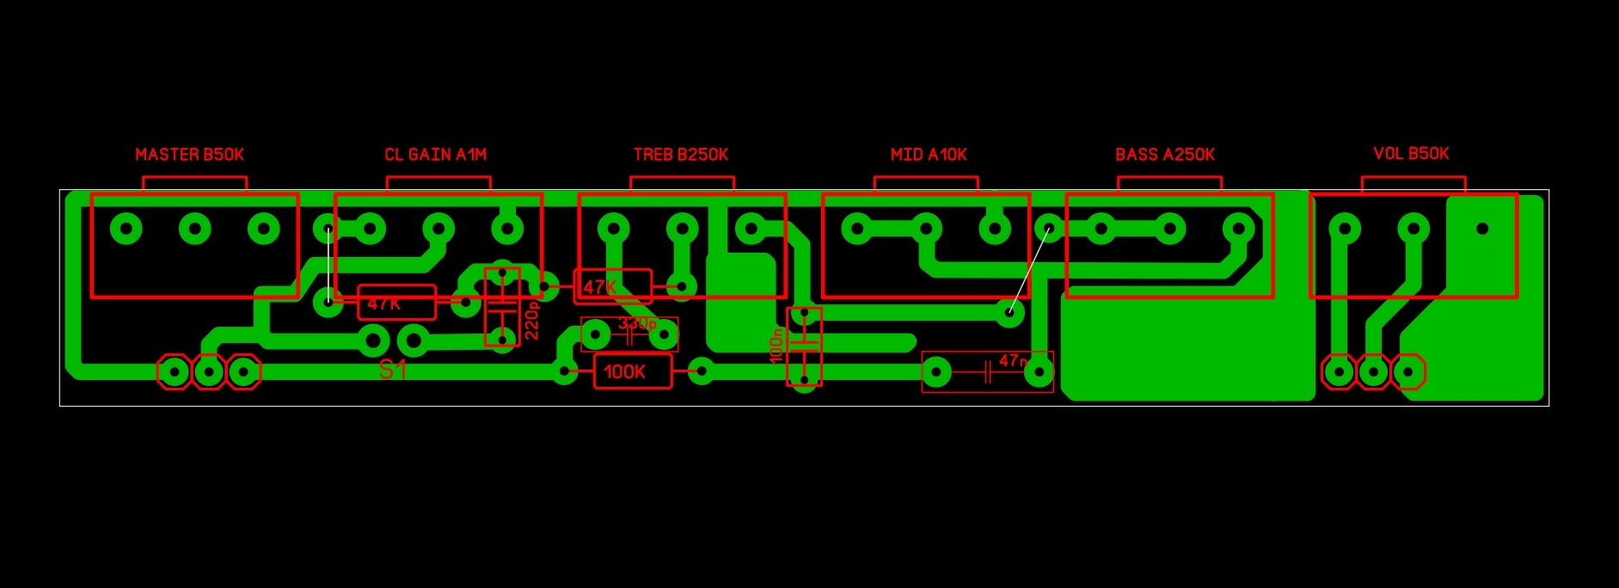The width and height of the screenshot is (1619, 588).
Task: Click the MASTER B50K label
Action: pyautogui.click(x=189, y=155)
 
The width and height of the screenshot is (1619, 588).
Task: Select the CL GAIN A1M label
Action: pyautogui.click(x=435, y=155)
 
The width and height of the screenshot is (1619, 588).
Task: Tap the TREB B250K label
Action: pyautogui.click(x=680, y=155)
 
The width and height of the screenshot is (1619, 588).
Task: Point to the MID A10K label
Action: pyautogui.click(x=928, y=155)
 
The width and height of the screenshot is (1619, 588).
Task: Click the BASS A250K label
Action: pyautogui.click(x=1164, y=155)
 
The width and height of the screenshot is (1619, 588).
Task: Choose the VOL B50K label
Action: pyautogui.click(x=1410, y=154)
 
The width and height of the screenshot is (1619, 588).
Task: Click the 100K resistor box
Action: pyautogui.click(x=633, y=371)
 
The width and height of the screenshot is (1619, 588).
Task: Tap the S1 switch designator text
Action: pyautogui.click(x=392, y=370)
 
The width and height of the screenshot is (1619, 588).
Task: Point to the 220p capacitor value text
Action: pyautogui.click(x=532, y=320)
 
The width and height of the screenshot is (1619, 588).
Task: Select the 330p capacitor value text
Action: pyautogui.click(x=637, y=324)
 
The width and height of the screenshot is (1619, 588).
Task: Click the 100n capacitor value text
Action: pyautogui.click(x=776, y=346)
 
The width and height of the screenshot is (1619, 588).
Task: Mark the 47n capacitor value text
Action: pyautogui.click(x=1013, y=361)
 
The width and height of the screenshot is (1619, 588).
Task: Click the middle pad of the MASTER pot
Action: pyautogui.click(x=195, y=230)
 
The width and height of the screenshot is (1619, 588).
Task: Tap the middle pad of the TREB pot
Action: pyautogui.click(x=682, y=230)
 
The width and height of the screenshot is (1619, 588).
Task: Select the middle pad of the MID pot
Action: pyautogui.click(x=926, y=230)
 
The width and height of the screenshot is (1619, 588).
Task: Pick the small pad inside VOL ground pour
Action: pyautogui.click(x=1481, y=230)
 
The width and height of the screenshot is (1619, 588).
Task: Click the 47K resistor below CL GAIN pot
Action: pyautogui.click(x=396, y=303)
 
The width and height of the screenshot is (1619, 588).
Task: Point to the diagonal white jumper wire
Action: pyautogui.click(x=1029, y=271)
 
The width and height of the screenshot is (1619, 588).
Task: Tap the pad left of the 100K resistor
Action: pyautogui.click(x=564, y=372)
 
